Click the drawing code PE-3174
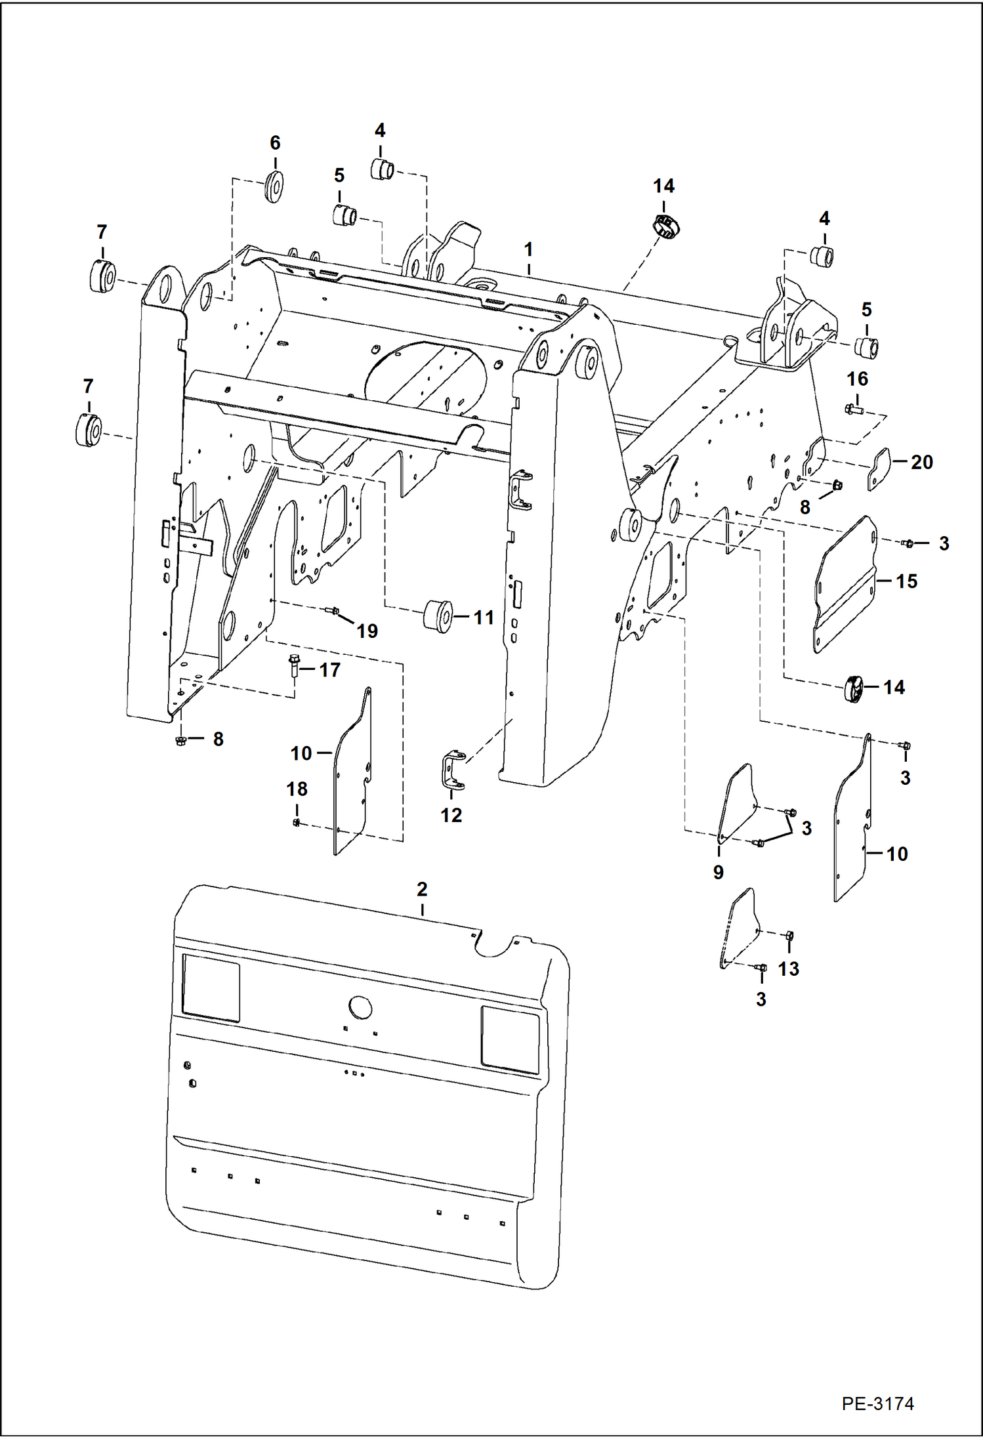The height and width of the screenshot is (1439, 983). pos(877,1403)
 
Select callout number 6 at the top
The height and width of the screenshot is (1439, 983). pos(275,142)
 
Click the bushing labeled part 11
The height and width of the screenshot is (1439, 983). pos(437,616)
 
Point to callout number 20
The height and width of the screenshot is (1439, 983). pos(921,462)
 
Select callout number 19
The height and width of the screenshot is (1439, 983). pos(367,631)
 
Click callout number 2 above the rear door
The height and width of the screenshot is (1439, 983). pos(422,889)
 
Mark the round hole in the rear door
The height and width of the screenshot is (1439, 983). pos(360,1007)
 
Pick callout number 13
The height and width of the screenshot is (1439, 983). pos(788,969)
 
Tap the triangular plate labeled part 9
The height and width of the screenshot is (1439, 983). pos(736,803)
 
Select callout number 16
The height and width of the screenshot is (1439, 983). pos(857,379)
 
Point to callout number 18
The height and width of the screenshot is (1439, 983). pos(297,789)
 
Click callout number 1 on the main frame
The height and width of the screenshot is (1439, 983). pos(528,250)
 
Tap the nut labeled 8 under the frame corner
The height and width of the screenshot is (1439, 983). pos(181,740)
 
